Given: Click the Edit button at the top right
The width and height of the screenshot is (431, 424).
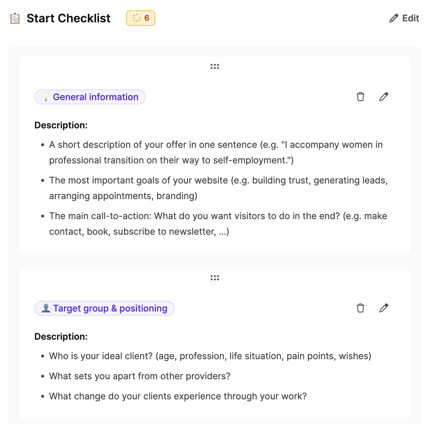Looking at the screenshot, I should [404, 18].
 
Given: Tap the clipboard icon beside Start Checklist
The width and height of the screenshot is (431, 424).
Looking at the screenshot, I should [15, 18].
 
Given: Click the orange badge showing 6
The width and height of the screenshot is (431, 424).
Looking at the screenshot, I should [141, 18].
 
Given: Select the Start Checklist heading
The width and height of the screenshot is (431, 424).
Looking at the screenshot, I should [68, 18].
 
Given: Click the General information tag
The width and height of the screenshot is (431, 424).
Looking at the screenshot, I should [90, 97].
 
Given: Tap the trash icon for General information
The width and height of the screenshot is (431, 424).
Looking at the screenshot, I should [360, 97].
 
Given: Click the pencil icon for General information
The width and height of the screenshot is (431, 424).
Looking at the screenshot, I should [384, 97].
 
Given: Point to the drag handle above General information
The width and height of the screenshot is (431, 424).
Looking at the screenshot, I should [215, 66].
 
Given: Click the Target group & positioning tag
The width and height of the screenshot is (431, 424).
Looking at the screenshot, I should [104, 308].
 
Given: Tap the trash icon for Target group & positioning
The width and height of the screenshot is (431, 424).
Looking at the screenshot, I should [360, 308].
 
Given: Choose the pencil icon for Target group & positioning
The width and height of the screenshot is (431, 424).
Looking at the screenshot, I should [384, 308].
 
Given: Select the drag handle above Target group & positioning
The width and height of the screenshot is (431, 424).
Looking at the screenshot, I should [215, 278].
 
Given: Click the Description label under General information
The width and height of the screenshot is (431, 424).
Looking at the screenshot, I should [61, 125].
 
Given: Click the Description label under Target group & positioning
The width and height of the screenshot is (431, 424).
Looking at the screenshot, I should [61, 336].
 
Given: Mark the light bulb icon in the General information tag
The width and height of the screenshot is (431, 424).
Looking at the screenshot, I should [46, 97].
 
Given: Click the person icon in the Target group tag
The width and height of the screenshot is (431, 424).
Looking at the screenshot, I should [46, 308].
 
